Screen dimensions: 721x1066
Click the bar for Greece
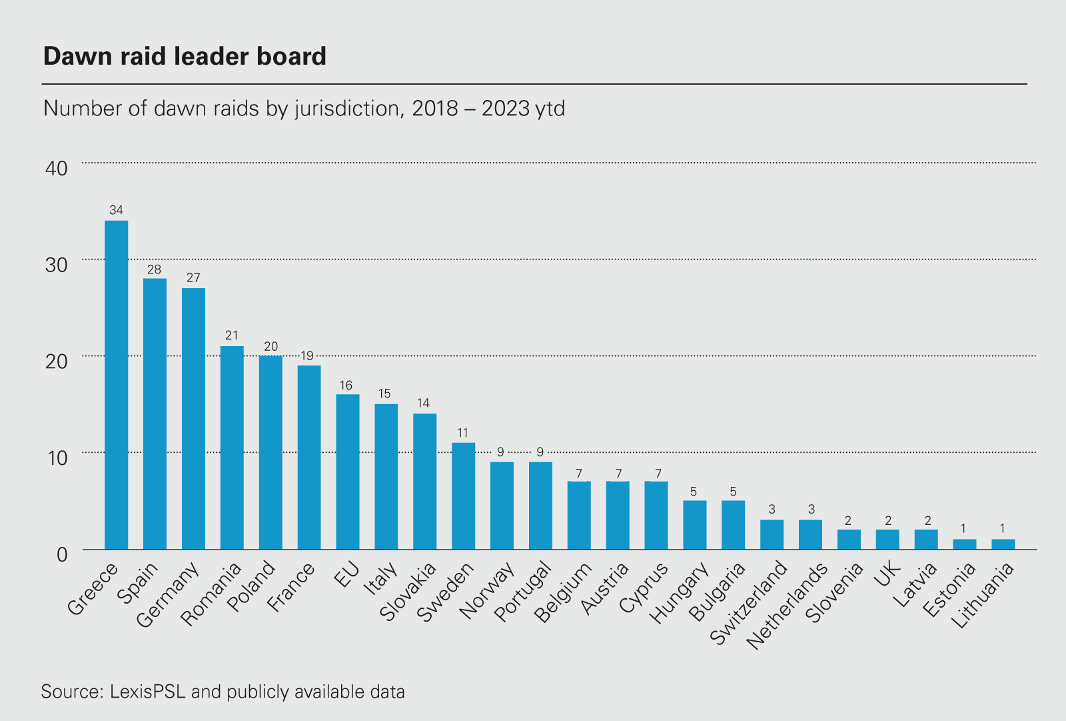click(x=117, y=385)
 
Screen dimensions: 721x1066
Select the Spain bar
click(x=155, y=414)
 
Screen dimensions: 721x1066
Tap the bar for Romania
click(x=232, y=448)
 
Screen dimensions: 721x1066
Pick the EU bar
click(x=348, y=472)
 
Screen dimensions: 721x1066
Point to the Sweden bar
click(x=463, y=496)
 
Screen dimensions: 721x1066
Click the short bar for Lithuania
click(x=1003, y=544)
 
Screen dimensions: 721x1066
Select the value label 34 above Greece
click(x=117, y=211)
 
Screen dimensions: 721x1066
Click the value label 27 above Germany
click(x=193, y=278)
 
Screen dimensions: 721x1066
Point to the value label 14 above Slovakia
click(x=423, y=404)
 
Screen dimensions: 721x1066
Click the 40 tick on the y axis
click(x=57, y=168)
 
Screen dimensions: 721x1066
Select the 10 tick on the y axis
click(x=57, y=458)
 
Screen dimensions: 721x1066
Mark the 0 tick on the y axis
click(x=62, y=554)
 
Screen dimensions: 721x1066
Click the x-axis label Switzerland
click(x=749, y=603)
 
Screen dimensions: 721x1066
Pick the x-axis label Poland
click(x=251, y=586)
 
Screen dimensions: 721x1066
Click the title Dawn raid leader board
click(x=185, y=57)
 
